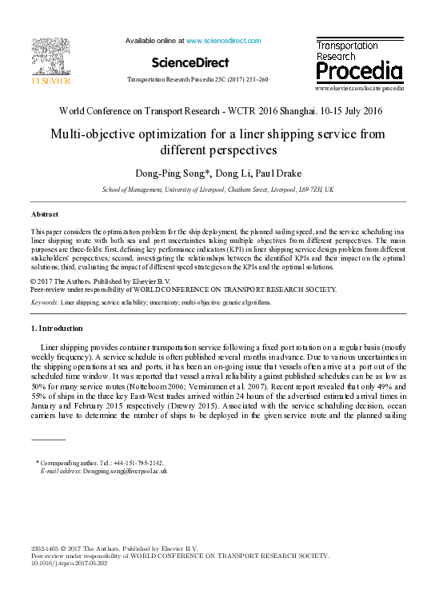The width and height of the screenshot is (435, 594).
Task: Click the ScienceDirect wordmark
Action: pos(190,62)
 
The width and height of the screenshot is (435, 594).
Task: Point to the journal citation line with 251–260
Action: pos(198,80)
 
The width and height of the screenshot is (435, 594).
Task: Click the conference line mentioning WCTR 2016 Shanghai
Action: pos(217,111)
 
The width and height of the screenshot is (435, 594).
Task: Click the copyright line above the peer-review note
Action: pos(95,281)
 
